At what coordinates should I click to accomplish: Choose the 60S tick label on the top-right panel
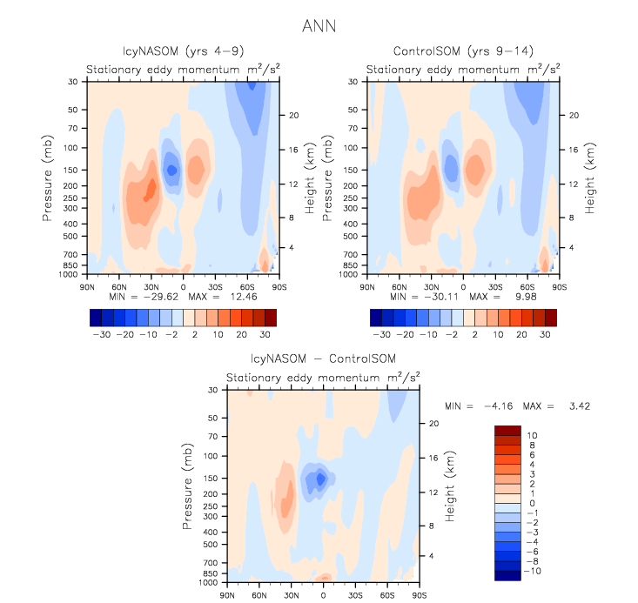pyautogui.click(x=527, y=285)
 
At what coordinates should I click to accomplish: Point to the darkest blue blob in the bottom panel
pyautogui.click(x=321, y=478)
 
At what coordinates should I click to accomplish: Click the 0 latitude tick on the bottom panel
pyautogui.click(x=323, y=595)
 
